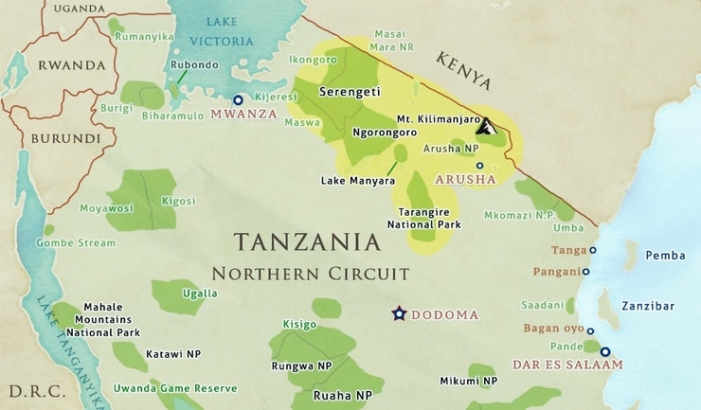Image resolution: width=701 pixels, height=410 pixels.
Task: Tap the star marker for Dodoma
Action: point(399,313)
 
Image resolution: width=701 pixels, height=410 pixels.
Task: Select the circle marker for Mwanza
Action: point(238,99)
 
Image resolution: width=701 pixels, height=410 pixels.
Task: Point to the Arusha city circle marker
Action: point(479,165)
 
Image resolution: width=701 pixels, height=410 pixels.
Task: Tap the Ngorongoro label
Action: point(386,134)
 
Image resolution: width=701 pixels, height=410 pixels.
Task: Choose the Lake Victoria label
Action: point(222,33)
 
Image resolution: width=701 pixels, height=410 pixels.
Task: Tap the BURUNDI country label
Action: point(65,137)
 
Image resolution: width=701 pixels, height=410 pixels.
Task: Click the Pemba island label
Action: point(664,256)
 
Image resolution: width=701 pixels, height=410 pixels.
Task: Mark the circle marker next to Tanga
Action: point(593,251)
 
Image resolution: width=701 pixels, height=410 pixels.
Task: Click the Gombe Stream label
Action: point(75,242)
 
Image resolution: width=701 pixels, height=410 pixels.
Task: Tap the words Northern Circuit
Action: point(310,274)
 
